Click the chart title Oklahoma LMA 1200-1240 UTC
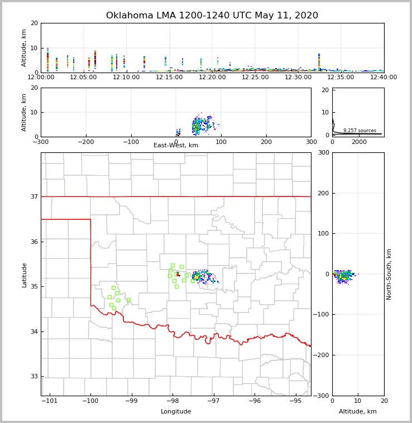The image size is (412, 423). coord(212,16)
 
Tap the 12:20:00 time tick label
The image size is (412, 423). coord(212,78)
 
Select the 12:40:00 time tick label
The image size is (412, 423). coord(384,78)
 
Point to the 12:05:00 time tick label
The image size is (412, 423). coord(84,78)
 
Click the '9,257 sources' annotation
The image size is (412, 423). coord(360,131)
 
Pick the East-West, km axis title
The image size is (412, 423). coord(176,146)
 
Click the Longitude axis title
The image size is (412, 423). coord(176,412)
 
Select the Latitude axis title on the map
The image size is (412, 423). coord(25,275)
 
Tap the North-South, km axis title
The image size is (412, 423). coord(389,274)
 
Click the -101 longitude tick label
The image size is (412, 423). coord(49,401)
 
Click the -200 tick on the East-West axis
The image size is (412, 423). coord(86,142)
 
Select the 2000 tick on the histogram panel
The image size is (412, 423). coord(359,142)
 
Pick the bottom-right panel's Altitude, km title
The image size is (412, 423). coord(358,412)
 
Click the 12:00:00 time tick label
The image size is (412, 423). coord(41,78)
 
